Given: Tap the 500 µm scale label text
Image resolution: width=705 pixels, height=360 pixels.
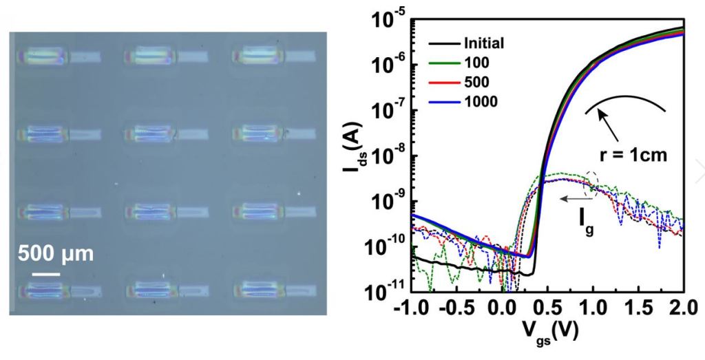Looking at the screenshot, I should click(55, 253).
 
